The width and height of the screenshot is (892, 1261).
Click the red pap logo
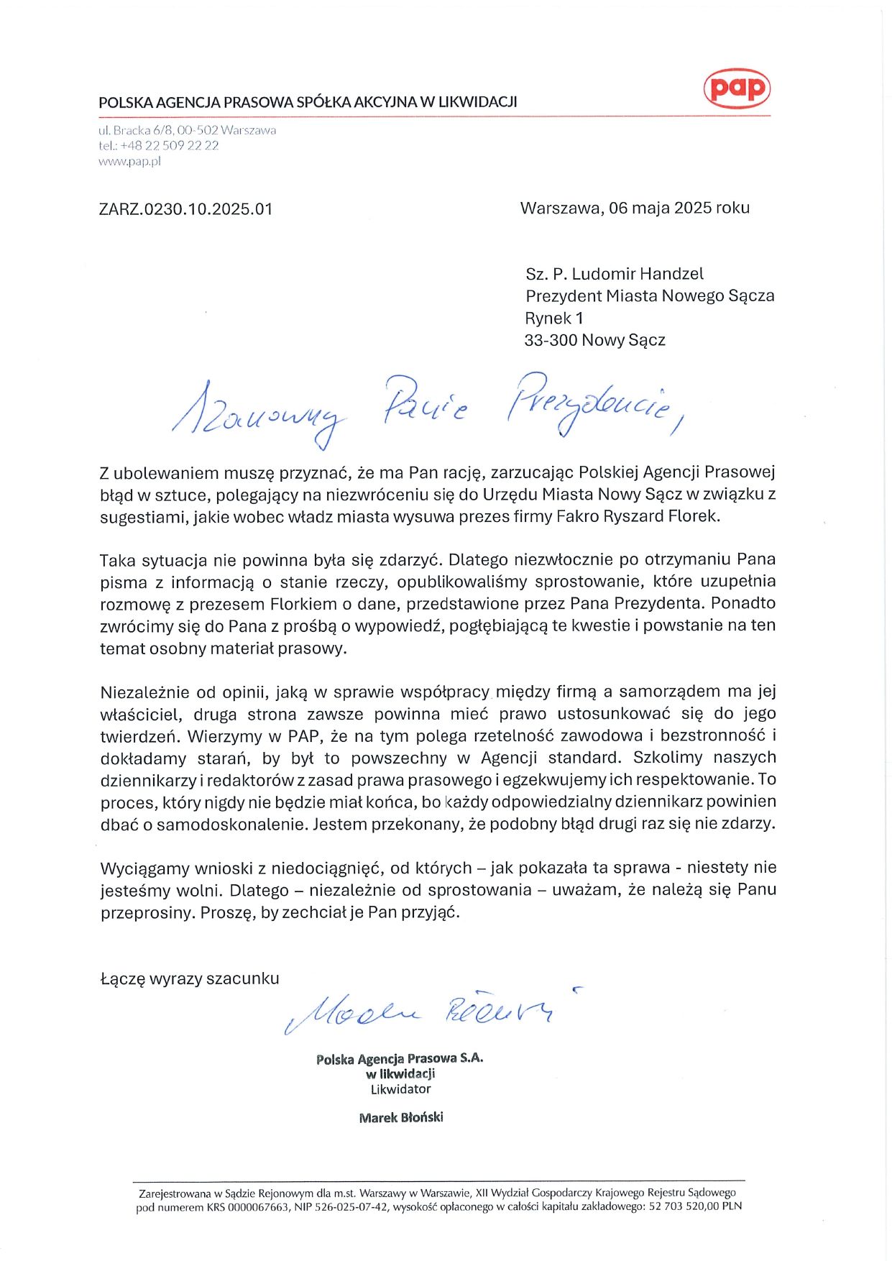click(736, 88)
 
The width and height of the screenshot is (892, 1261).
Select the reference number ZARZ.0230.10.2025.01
click(185, 209)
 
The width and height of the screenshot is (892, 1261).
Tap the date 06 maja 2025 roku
click(679, 208)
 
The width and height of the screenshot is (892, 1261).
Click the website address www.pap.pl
click(129, 161)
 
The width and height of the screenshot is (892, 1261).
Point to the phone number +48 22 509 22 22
click(169, 145)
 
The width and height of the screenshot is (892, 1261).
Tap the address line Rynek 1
click(553, 318)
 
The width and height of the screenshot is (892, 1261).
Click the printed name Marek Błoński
click(401, 1117)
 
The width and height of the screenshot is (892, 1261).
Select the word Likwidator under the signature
click(400, 1089)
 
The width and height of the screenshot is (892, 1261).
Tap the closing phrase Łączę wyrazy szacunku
click(190, 978)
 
